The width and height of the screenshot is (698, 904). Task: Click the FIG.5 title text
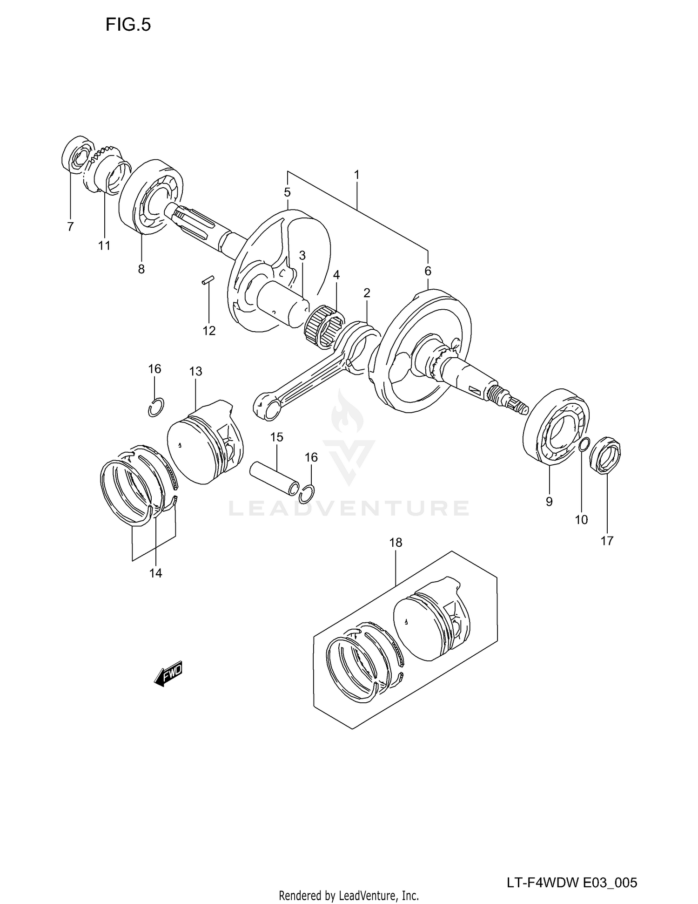point(128,25)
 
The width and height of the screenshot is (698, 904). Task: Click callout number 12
point(209,331)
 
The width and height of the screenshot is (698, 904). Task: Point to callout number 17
point(607,541)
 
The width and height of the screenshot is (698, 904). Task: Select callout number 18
point(396,543)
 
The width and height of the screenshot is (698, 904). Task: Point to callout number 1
point(356,175)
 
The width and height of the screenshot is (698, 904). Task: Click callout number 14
point(155,573)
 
